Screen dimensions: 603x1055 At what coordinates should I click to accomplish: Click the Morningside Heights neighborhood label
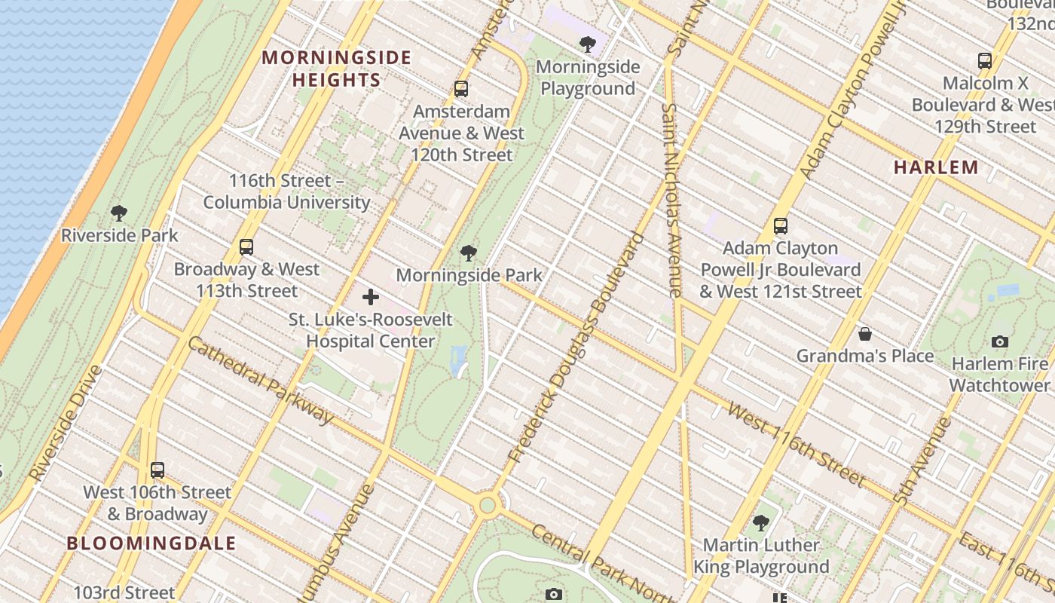(x=336, y=69)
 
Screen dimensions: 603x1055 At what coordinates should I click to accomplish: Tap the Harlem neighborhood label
(x=936, y=167)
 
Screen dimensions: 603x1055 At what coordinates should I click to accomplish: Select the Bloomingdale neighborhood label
(x=151, y=543)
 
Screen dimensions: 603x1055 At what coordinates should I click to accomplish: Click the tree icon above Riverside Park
(x=118, y=213)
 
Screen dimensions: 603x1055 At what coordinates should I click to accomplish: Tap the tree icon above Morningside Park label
(x=469, y=253)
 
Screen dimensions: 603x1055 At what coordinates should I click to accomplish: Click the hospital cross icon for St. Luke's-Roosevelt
(x=371, y=297)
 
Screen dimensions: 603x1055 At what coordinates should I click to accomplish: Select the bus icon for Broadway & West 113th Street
(x=246, y=246)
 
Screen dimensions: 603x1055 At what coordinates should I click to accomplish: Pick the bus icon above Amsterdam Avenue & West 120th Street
(x=461, y=89)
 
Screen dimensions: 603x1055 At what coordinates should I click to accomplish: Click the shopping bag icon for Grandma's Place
(x=865, y=333)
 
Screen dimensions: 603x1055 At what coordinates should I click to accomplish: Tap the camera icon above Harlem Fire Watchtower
(x=1000, y=341)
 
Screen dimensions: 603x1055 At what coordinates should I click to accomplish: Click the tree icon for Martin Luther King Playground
(x=761, y=522)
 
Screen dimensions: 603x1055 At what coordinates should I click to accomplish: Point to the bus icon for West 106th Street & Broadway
(x=157, y=470)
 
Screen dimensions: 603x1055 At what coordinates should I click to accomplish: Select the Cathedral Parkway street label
(x=261, y=380)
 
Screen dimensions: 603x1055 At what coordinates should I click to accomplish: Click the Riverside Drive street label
(x=66, y=423)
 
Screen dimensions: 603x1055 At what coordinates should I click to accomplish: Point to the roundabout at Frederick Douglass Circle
(x=488, y=504)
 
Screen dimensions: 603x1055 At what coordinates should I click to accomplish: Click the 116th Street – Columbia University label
(x=286, y=191)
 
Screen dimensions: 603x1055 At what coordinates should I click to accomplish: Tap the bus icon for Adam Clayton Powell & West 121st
(x=781, y=225)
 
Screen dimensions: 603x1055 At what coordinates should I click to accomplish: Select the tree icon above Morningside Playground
(x=588, y=44)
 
